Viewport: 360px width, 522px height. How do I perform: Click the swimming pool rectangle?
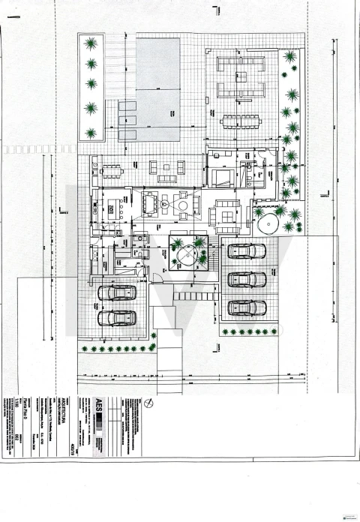(x=157, y=91)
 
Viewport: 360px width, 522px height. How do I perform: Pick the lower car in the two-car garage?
(x=116, y=318)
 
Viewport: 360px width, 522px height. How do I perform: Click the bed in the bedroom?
(x=223, y=178)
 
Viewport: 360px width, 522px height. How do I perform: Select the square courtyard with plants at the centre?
(x=187, y=253)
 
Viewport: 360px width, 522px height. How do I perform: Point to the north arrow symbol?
(x=151, y=403)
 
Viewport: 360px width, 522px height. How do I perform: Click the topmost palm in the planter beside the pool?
(x=91, y=43)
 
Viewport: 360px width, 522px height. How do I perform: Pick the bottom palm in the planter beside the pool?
(x=91, y=133)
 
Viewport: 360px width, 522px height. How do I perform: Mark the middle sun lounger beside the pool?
(x=126, y=120)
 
